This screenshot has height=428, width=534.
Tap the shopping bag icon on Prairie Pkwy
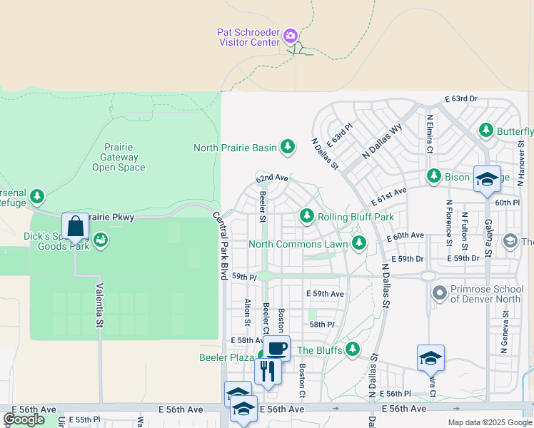click(x=75, y=226)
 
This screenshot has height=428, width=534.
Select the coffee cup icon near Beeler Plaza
click(x=277, y=349)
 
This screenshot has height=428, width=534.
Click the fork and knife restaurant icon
click(x=267, y=371)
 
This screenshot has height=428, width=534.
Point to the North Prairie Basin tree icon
click(x=287, y=148)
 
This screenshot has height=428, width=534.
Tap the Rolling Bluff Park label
click(x=355, y=216)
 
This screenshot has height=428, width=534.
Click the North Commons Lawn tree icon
click(x=358, y=244)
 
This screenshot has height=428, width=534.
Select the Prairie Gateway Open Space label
click(x=119, y=157)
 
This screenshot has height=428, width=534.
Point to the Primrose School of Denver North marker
click(x=440, y=292)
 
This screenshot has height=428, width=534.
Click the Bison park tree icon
click(x=433, y=175)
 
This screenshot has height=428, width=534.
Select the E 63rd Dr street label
click(x=460, y=98)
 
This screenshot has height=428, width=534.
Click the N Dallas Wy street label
click(x=382, y=141)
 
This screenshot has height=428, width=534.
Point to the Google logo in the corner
click(x=24, y=419)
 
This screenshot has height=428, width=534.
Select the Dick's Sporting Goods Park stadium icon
click(x=101, y=240)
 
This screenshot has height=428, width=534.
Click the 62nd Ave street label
click(x=272, y=177)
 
